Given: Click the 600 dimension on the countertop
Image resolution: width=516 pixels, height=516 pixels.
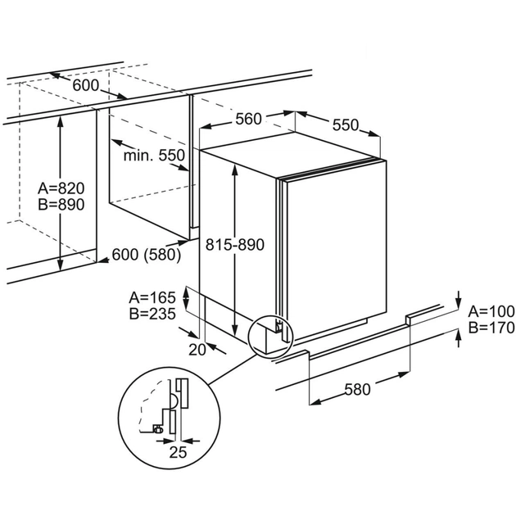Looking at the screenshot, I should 84,85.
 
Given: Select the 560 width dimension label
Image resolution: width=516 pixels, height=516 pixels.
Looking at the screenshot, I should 247,120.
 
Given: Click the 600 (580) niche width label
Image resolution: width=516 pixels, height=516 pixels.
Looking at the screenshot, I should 147,255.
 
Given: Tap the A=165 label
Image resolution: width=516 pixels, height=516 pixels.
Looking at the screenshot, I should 152,296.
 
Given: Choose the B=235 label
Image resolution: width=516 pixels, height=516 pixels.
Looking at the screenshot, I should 152,313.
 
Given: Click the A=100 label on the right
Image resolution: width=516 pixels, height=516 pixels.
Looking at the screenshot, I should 490,311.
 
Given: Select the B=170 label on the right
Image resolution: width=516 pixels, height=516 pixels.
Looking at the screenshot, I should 490,328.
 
